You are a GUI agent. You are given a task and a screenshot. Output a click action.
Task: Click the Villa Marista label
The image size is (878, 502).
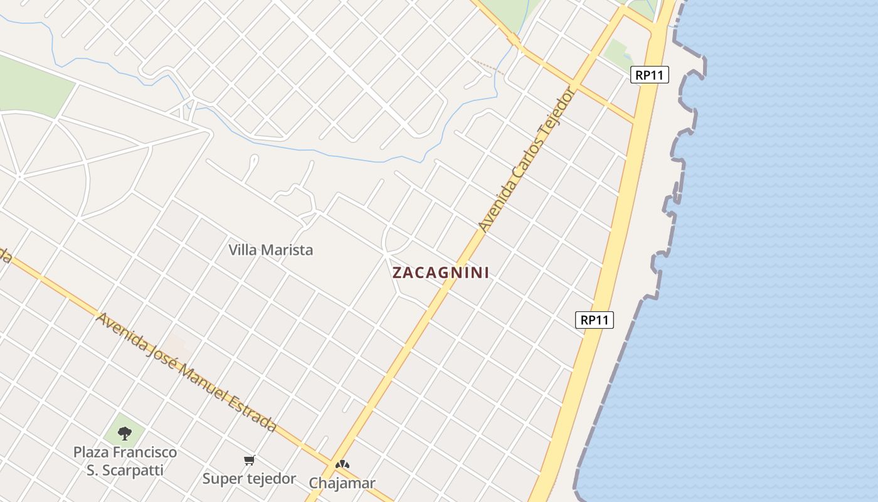[270, 250]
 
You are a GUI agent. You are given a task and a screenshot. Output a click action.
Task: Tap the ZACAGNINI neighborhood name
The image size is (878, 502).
[440, 273]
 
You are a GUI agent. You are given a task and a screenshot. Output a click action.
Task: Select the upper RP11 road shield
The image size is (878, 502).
[650, 75]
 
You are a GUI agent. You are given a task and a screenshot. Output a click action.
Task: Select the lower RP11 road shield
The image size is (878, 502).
[594, 320]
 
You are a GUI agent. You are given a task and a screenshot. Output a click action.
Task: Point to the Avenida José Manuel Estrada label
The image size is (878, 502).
[186, 372]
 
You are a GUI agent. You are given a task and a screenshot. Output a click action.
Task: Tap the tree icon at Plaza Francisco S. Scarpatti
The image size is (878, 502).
[125, 433]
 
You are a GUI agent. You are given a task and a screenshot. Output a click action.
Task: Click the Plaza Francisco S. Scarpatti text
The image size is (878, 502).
[125, 461]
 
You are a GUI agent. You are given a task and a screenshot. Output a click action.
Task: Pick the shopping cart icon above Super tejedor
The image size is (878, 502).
[250, 461]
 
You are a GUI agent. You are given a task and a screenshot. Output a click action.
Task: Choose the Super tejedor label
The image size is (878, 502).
[249, 479]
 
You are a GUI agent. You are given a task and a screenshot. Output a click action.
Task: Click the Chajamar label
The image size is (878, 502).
[342, 483]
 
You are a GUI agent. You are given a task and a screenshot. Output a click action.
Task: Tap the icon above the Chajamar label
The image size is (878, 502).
[342, 465]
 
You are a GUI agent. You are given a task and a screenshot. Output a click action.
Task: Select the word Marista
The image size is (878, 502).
[290, 250]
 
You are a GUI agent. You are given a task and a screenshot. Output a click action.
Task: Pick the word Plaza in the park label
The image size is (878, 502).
[92, 452]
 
